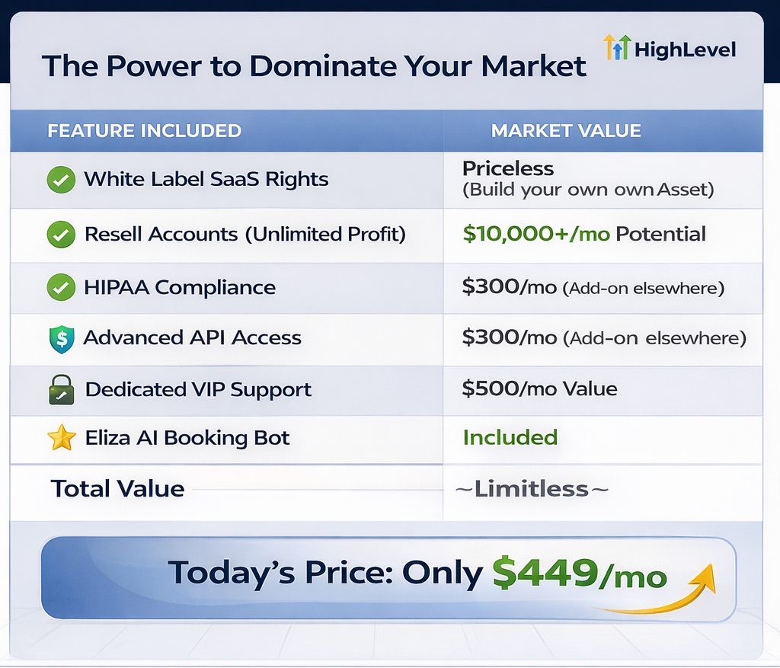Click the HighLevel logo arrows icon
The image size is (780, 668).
(x=617, y=47)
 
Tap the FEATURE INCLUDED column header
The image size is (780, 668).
(x=144, y=131)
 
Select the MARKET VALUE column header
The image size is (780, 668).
(x=566, y=131)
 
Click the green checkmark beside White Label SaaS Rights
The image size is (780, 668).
(x=61, y=180)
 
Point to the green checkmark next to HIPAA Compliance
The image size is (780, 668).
(x=61, y=287)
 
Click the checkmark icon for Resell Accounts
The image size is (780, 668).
(x=61, y=235)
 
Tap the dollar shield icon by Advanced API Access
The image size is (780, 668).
(x=62, y=339)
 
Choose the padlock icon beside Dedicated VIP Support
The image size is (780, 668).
(x=62, y=389)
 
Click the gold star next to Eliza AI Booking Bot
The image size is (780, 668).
(x=62, y=438)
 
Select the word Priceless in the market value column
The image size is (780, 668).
(x=508, y=168)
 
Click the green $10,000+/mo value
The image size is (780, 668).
(x=536, y=234)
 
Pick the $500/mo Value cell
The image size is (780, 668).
(x=540, y=388)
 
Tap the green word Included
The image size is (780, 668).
(x=510, y=438)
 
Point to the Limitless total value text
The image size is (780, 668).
(x=532, y=489)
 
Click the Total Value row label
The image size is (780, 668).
(x=118, y=489)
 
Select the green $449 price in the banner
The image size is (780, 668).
(x=545, y=573)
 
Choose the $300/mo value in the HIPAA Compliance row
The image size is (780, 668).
(x=510, y=287)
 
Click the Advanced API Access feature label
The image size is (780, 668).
(x=193, y=337)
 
